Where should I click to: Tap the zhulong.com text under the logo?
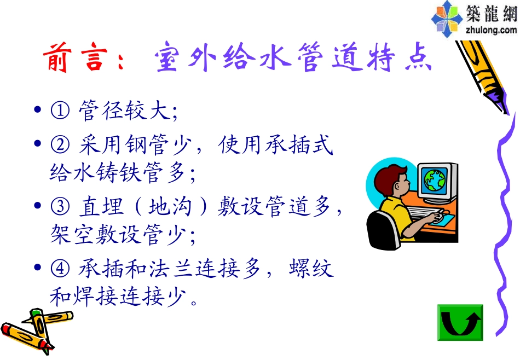(490, 30)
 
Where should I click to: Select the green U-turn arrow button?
(460, 323)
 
